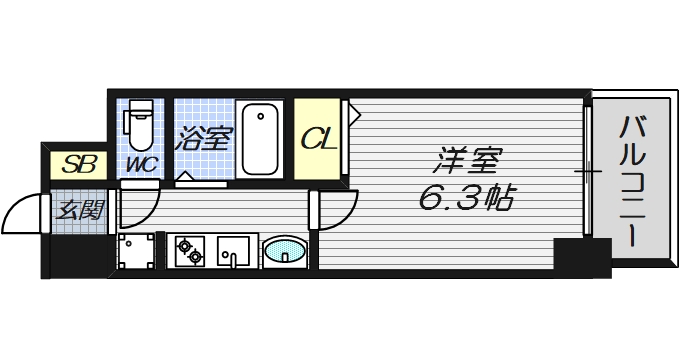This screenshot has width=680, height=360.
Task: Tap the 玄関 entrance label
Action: (78, 210)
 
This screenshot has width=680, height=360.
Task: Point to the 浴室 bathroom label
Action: (204, 138)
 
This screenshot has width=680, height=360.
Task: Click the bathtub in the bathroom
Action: (262, 140)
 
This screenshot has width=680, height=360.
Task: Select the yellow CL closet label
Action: (319, 139)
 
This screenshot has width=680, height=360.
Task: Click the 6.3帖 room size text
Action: (465, 198)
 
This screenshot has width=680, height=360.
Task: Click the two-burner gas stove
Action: (188, 251)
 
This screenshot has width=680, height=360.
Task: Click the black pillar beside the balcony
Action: (582, 258)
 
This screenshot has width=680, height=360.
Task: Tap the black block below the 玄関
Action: (76, 257)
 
